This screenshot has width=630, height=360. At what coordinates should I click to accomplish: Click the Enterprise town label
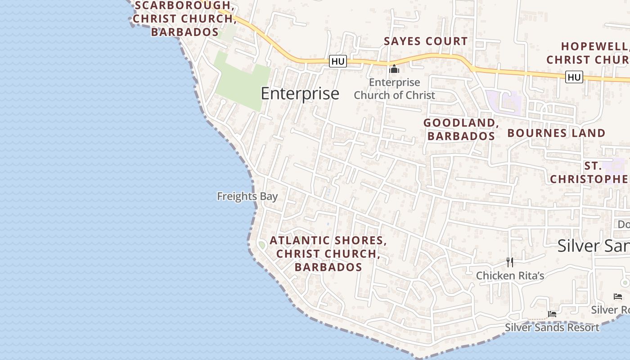[300, 94]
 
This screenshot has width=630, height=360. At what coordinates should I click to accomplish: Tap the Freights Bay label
[247, 196]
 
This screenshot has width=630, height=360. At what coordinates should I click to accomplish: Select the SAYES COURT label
[426, 41]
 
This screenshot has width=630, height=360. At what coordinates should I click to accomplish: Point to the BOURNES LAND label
[556, 133]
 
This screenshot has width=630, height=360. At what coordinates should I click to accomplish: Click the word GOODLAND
[459, 123]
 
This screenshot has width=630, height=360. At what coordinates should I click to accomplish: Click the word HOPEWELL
[594, 46]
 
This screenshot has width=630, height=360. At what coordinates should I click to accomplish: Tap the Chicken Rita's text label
[510, 276]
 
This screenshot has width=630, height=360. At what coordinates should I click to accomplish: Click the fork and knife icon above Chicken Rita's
[510, 262]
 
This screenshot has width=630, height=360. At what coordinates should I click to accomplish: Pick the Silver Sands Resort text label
[552, 328]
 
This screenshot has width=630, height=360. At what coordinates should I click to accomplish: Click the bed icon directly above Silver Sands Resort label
[552, 314]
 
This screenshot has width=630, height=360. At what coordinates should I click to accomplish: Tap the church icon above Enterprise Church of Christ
[394, 69]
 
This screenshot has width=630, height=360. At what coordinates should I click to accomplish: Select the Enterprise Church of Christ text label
[394, 89]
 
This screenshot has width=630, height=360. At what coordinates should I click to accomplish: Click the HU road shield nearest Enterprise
[338, 61]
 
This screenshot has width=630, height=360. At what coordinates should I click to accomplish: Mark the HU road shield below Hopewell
[574, 77]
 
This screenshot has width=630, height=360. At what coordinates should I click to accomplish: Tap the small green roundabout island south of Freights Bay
[261, 245]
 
